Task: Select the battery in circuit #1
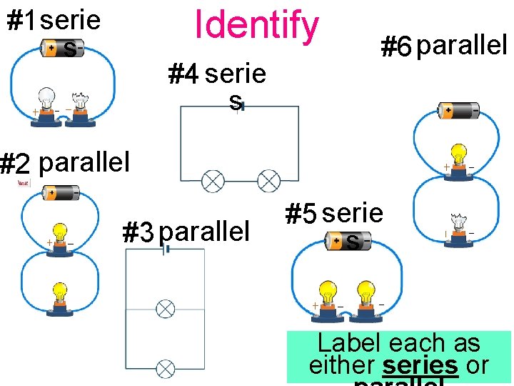(x=62, y=49)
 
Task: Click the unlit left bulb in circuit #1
(x=47, y=99)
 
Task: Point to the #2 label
(x=16, y=164)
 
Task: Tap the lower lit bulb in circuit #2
(x=59, y=295)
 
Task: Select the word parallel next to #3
(x=204, y=232)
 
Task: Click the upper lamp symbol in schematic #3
(x=165, y=309)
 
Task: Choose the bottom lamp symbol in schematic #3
(x=165, y=369)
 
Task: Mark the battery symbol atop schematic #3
(x=166, y=249)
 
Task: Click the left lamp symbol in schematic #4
(x=213, y=181)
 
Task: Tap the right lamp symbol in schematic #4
(x=268, y=181)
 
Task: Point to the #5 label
(x=300, y=214)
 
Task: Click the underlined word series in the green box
(x=420, y=365)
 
